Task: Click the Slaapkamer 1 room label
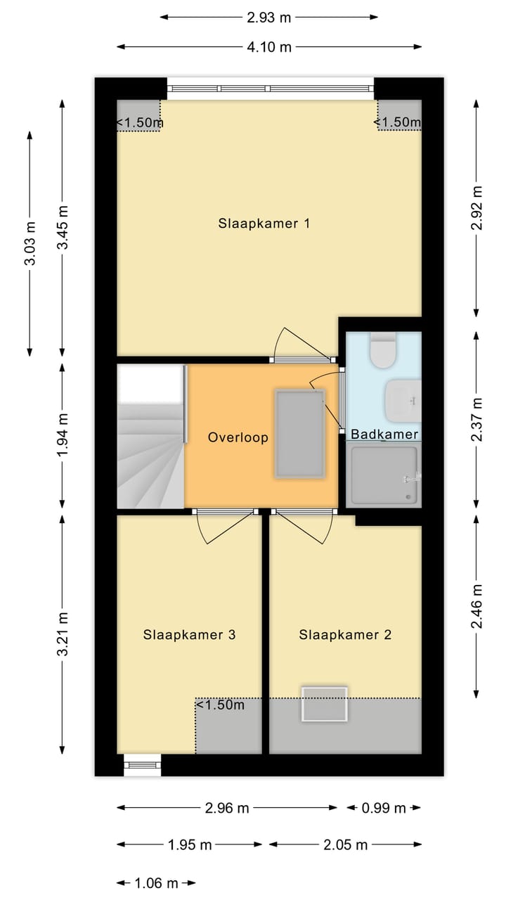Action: pos(264,224)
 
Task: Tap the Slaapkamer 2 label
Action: pos(345,634)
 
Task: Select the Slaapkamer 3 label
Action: pos(189,634)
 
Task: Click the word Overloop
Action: pos(238,437)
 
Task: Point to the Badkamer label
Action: pos(384,434)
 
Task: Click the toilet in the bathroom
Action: pos(384,350)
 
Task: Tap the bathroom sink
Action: pos(403,401)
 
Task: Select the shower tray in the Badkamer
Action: pos(384,475)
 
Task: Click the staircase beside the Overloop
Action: pos(150,437)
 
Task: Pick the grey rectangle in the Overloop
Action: pos(300,434)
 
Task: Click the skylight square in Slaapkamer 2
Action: pos(325,704)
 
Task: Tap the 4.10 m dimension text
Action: pos(269,47)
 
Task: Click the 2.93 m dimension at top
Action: pos(268,18)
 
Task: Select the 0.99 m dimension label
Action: pos(384,808)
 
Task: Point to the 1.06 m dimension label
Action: pos(156,882)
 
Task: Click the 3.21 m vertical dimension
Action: pos(63,634)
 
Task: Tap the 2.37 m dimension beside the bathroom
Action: pos(476,420)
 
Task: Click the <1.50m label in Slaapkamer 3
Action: pos(220,705)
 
